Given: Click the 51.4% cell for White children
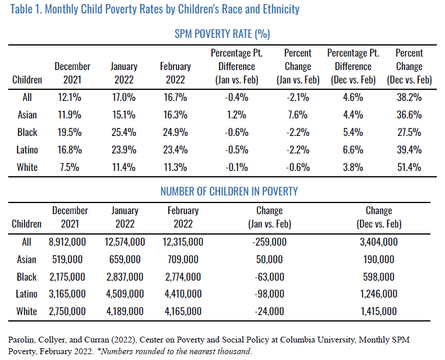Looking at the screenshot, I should [x=409, y=167].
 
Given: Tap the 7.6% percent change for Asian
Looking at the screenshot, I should [x=298, y=115].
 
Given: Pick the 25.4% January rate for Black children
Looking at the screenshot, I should [x=123, y=132].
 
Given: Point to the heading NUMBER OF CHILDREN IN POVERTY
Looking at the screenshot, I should [x=222, y=191].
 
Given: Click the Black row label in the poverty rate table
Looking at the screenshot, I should [x=27, y=132].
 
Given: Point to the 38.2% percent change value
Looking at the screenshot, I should [x=409, y=97].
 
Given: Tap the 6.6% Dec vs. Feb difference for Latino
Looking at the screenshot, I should [x=353, y=150].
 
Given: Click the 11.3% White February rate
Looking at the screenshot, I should [x=175, y=167].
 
